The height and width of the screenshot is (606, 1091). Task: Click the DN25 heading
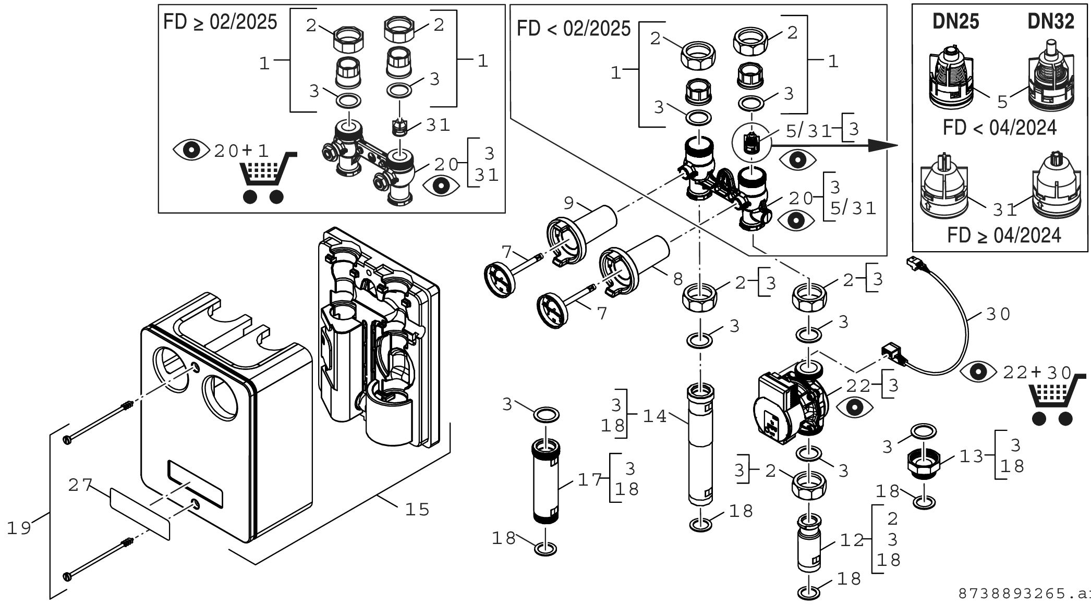955,21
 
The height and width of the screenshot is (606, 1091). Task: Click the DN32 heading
1051,21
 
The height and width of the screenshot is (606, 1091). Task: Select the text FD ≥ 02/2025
220,22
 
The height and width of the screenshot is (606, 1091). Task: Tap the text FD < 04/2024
1000,128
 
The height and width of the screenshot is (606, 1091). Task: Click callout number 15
417,509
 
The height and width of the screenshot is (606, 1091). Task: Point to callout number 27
81,485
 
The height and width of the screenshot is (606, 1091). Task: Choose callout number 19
19,528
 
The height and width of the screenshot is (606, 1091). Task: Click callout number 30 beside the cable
998,314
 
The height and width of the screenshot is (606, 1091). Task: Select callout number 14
654,416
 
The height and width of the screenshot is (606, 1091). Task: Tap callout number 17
590,479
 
